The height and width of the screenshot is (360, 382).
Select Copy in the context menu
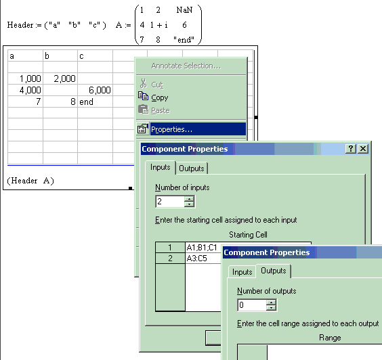(x=160, y=97)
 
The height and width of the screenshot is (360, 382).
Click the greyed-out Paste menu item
(x=161, y=110)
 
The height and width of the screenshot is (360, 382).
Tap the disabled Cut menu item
(x=157, y=85)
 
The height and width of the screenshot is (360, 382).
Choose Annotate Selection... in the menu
(x=186, y=66)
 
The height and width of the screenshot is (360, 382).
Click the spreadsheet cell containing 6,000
(x=95, y=90)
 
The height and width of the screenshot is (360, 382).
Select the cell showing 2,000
(x=60, y=78)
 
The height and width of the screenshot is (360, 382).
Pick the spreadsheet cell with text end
(x=95, y=102)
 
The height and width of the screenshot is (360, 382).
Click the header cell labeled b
(x=60, y=56)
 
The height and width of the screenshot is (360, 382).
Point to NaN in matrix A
(x=184, y=10)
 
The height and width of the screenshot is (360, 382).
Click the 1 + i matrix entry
(x=159, y=25)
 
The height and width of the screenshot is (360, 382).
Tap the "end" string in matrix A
(x=184, y=39)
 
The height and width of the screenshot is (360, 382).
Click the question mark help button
(x=351, y=148)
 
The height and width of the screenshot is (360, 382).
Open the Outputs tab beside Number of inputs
(x=192, y=168)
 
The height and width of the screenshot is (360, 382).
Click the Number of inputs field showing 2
(x=170, y=202)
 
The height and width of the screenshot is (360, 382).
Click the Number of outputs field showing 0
(x=252, y=305)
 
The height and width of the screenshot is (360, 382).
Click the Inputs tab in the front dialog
(x=242, y=272)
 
